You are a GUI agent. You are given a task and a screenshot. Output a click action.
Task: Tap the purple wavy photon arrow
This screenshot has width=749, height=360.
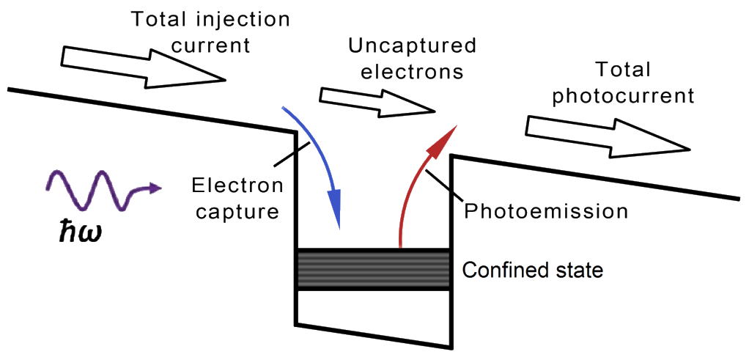pos(99,190)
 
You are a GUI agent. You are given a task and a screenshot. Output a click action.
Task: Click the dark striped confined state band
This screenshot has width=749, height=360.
pos(372,269)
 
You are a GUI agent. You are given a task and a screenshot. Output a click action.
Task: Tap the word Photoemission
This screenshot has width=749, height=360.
pos(547,212)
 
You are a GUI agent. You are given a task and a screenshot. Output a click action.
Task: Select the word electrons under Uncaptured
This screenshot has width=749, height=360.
pos(406,72)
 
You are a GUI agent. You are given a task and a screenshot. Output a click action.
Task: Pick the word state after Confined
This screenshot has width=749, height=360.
pos(579,271)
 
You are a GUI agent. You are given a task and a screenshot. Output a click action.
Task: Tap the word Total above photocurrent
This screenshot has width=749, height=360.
pos(623,70)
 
